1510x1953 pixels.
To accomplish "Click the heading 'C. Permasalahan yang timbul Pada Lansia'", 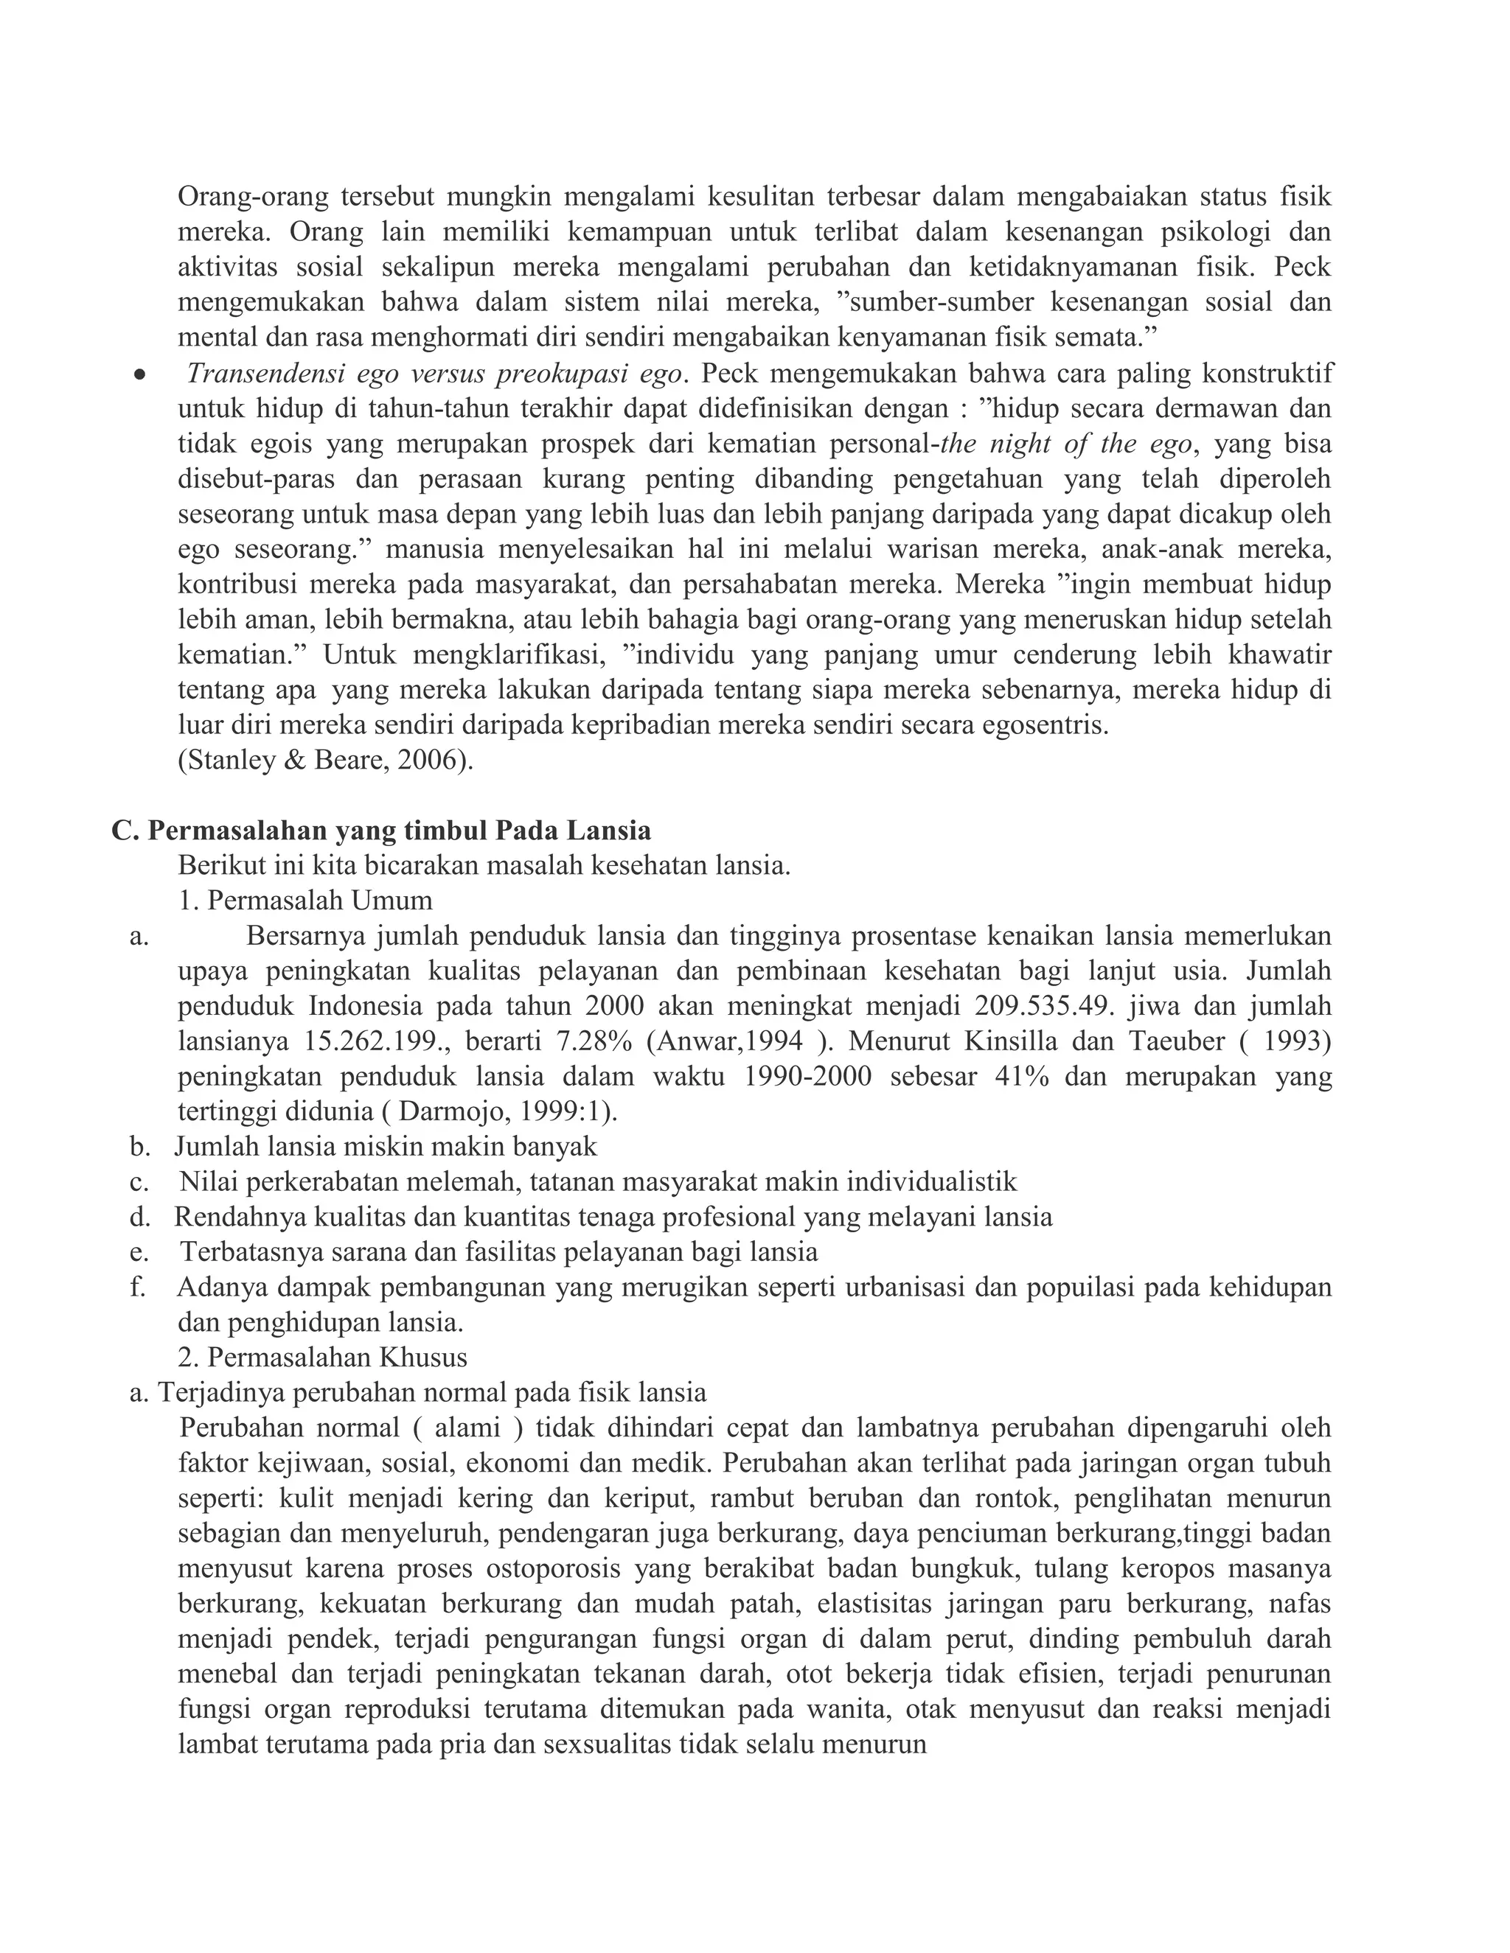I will [381, 831].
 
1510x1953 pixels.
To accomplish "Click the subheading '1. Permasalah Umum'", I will [305, 901].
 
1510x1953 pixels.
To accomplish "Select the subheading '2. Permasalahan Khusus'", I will [322, 1358].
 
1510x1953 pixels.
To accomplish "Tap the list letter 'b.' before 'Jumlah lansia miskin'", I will [139, 1147].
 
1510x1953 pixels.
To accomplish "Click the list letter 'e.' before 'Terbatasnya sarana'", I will [139, 1252].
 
